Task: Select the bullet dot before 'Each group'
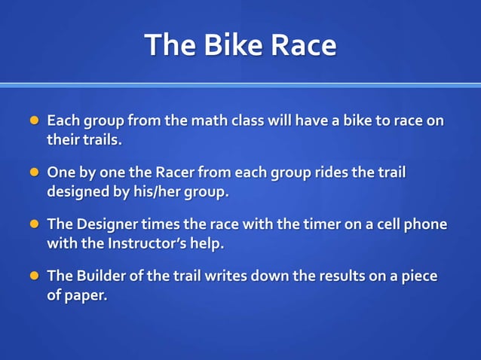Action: point(34,121)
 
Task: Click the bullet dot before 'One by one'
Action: point(34,173)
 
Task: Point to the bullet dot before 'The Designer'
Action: point(34,224)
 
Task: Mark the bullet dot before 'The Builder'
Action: point(34,276)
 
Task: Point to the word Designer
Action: point(107,224)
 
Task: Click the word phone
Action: point(424,224)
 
